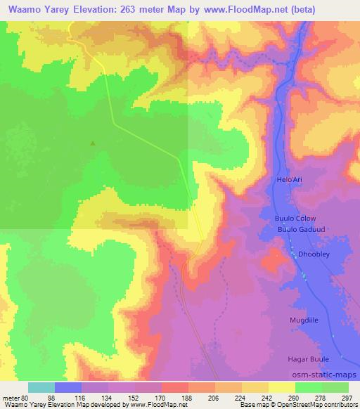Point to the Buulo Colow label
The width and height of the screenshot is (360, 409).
pos(294,219)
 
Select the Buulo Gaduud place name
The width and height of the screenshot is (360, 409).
pos(298,229)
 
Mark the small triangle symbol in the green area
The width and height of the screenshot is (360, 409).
pos(93,143)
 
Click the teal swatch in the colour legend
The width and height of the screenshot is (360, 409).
pos(41,387)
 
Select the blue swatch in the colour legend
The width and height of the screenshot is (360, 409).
pos(68,387)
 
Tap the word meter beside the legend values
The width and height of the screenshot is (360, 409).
pos(11,397)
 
